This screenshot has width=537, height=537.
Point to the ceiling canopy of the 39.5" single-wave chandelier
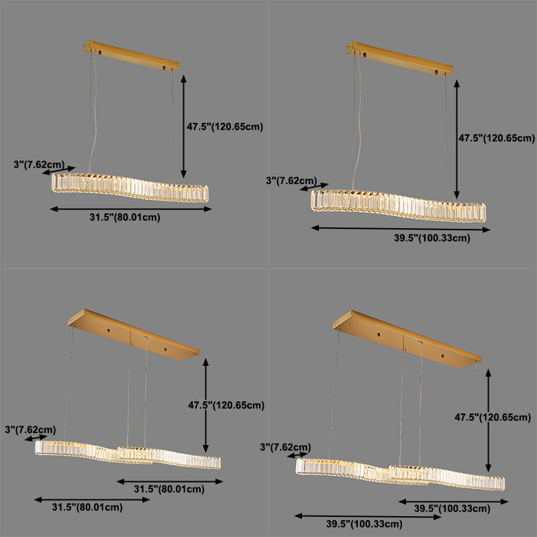pyautogui.click(x=395, y=59)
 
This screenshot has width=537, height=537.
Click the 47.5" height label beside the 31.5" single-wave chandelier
pyautogui.click(x=224, y=126)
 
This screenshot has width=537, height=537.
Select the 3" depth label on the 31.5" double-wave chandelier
pyautogui.click(x=30, y=430)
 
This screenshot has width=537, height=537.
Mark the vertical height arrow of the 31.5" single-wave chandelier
pyautogui.click(x=183, y=124)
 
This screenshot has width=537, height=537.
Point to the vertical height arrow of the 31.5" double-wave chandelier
pyautogui.click(x=205, y=405)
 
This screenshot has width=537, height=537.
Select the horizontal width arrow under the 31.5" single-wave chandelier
pyautogui.click(x=132, y=209)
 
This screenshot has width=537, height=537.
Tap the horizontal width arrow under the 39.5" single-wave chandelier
pyautogui.click(x=401, y=229)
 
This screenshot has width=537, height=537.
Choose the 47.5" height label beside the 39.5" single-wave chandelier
pyautogui.click(x=495, y=138)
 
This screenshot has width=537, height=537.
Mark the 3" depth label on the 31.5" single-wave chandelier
pyautogui.click(x=39, y=164)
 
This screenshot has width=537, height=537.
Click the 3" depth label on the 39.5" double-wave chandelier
pyautogui.click(x=285, y=447)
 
